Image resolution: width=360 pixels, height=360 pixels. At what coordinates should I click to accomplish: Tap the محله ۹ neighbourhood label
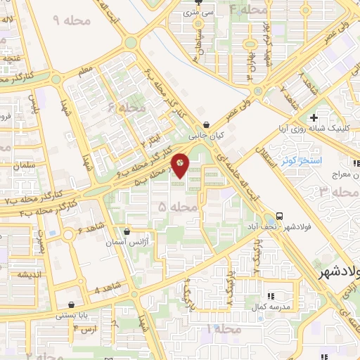(x=67, y=20)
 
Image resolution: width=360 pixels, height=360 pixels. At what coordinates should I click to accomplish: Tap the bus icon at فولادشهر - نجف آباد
(x=281, y=216)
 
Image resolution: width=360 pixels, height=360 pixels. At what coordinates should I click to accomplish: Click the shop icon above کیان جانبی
(x=205, y=120)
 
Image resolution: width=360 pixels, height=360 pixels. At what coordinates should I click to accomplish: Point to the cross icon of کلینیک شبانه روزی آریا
(x=314, y=117)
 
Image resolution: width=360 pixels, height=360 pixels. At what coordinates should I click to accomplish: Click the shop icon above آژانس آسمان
(x=127, y=231)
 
